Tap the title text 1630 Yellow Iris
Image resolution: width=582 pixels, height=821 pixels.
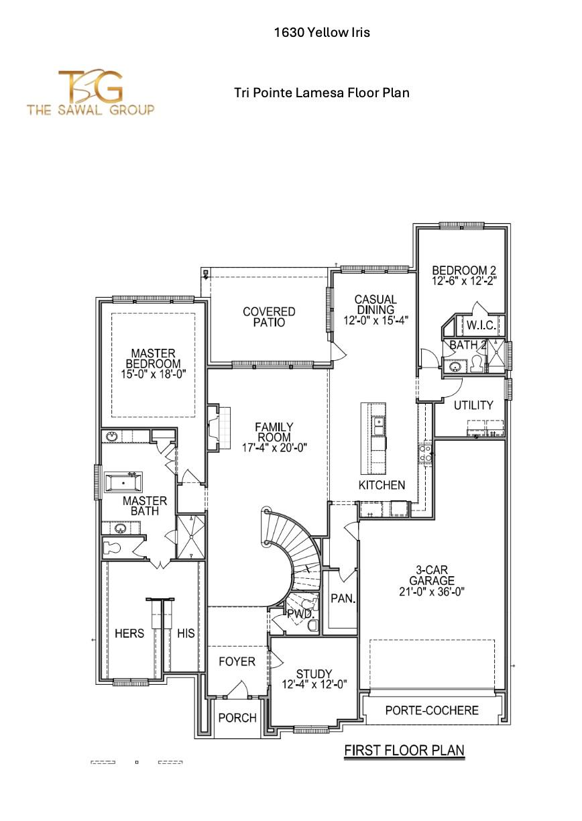click(x=321, y=32)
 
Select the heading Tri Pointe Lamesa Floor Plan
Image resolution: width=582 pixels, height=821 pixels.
click(x=321, y=93)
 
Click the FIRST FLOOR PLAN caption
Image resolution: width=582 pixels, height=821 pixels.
click(x=404, y=750)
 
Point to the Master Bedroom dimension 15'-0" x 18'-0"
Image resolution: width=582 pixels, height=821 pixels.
click(x=153, y=375)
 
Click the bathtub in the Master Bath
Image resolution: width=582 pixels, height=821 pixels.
click(x=123, y=482)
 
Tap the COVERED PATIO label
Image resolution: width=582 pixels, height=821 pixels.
click(x=269, y=317)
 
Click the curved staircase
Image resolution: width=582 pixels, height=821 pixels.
click(x=295, y=550)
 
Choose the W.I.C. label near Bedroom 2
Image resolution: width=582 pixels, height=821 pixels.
click(x=480, y=325)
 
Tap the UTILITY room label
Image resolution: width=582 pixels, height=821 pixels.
click(x=473, y=405)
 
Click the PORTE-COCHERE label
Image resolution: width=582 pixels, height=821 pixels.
click(x=432, y=710)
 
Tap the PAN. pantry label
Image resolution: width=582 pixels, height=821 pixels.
click(x=343, y=598)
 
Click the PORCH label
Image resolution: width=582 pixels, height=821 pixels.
click(x=237, y=718)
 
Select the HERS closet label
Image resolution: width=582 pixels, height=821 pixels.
click(x=129, y=633)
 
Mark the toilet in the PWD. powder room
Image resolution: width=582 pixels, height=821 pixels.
click(x=312, y=625)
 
